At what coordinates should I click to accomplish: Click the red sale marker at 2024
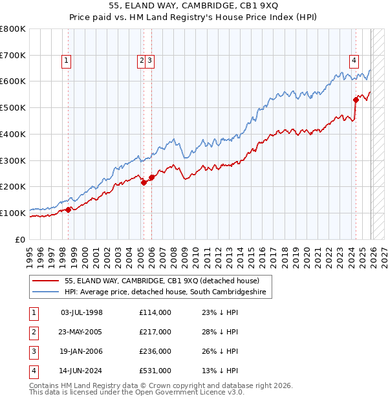click(356, 100)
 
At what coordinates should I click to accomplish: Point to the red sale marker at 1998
click(68, 209)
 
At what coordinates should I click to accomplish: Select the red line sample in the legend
click(47, 281)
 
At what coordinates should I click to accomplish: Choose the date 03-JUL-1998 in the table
click(81, 312)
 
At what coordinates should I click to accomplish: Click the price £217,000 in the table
click(155, 332)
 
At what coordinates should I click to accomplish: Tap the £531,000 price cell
click(155, 371)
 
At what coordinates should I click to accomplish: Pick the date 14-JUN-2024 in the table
click(81, 371)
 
